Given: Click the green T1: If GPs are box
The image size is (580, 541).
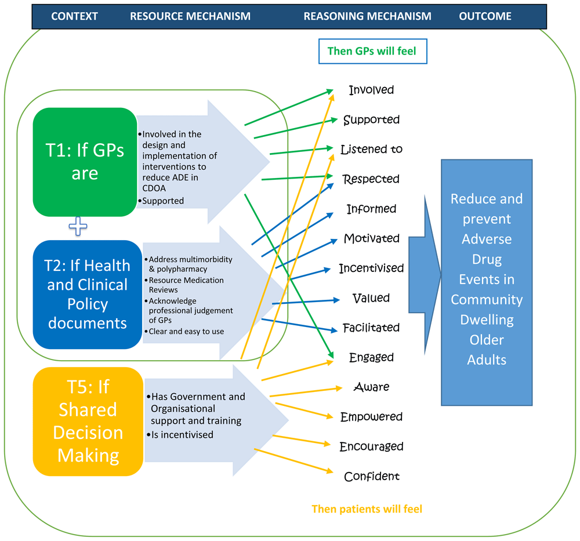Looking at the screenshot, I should [x=85, y=162].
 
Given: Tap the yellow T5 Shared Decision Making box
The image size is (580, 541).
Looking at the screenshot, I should [x=88, y=421].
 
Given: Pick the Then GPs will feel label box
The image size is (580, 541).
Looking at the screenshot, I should [x=372, y=51].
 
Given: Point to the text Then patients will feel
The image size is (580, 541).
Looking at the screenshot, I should [x=367, y=509].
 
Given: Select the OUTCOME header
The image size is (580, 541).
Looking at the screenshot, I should [x=485, y=16].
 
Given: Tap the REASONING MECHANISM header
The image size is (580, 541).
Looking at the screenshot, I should [x=367, y=16].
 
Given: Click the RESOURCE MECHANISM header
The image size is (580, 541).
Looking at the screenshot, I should [x=190, y=16].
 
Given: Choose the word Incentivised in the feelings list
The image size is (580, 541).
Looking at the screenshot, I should [x=371, y=268].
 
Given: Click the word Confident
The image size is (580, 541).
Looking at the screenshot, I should [x=372, y=477].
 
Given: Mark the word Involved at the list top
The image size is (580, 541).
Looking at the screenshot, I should [x=371, y=90].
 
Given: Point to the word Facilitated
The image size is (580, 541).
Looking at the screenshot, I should [x=371, y=328].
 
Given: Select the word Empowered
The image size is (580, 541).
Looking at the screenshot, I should [x=371, y=417].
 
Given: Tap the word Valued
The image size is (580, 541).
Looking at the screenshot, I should [x=371, y=298].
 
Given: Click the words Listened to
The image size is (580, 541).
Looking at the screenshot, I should [x=371, y=149].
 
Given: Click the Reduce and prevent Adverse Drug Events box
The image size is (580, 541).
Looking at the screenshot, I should [x=487, y=282].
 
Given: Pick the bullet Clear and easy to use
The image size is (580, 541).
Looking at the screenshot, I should [x=186, y=332].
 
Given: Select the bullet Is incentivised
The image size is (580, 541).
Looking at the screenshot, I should [x=182, y=434].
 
